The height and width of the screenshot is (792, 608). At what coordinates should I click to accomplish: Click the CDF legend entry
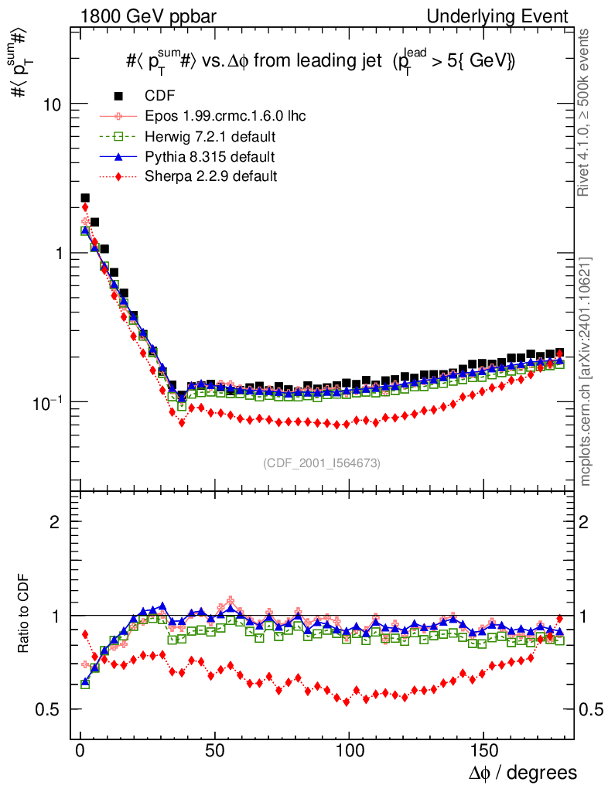pos(160,96)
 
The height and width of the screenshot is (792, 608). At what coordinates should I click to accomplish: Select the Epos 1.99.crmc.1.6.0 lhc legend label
pos(225,116)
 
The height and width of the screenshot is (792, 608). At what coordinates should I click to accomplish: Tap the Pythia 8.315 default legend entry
pos(210,157)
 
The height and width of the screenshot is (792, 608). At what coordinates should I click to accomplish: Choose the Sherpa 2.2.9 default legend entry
pos(211,176)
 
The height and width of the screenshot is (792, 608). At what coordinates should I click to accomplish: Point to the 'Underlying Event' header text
pos(513,16)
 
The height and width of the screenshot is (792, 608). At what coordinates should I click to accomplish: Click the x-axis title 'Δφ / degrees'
pos(522,773)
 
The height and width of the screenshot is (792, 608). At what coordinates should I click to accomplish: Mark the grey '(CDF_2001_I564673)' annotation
pos(322,463)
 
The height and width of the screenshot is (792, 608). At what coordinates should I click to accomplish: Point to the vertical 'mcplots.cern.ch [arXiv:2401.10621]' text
pos(586,371)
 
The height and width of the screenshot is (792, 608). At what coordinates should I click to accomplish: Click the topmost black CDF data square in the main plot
pos(85,199)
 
